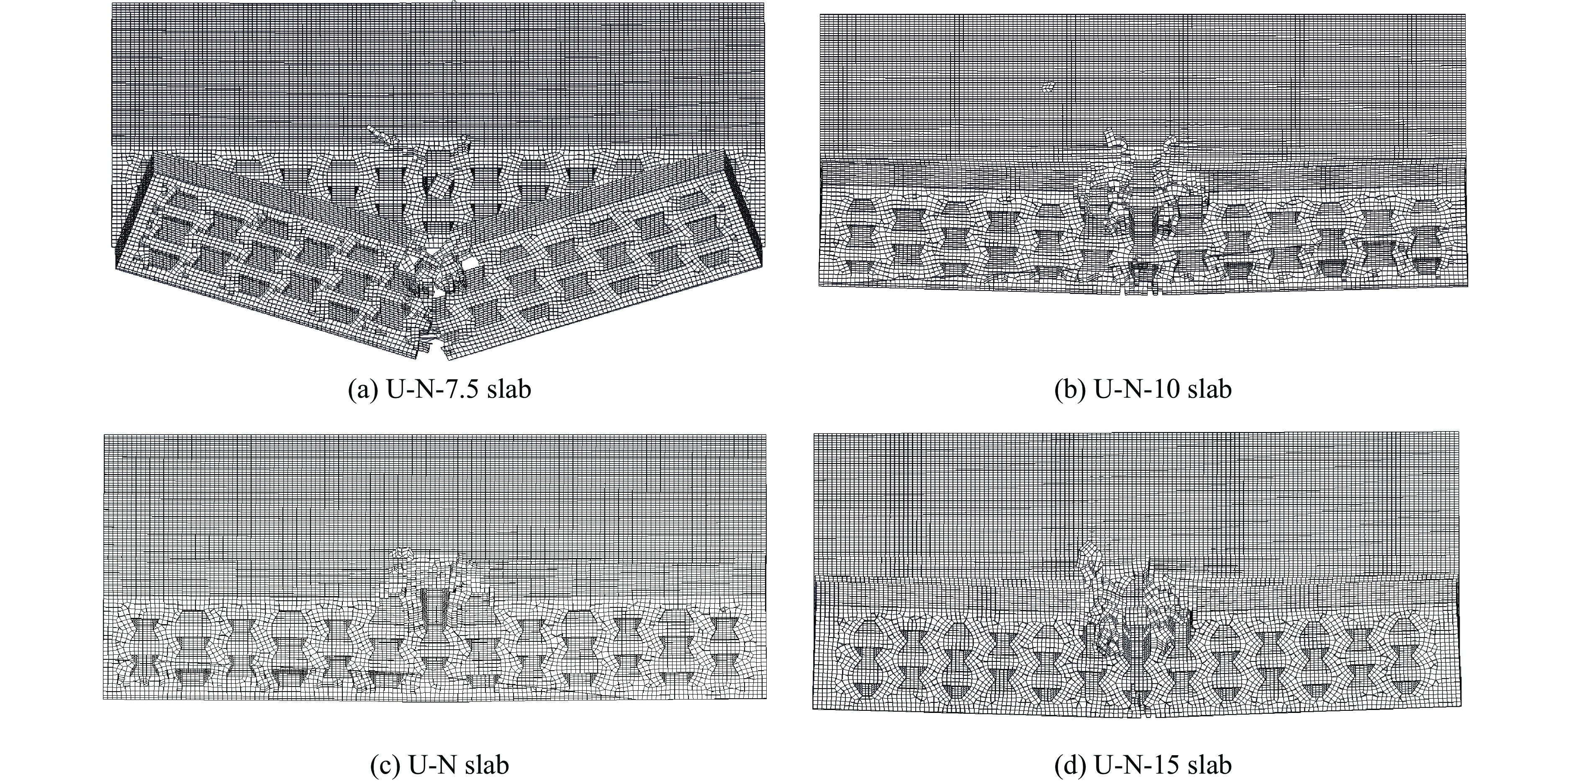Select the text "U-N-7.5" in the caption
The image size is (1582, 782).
[x=433, y=389]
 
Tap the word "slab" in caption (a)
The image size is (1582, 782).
[x=509, y=389]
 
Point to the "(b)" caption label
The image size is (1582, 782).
[x=1071, y=389]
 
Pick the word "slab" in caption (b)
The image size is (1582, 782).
[x=1210, y=389]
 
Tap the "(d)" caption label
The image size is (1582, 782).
[x=1071, y=765]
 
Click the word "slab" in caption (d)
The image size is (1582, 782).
[x=1210, y=765]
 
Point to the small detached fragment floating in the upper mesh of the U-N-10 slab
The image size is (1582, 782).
[x=1050, y=87]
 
